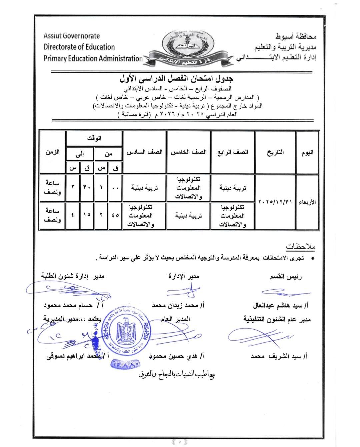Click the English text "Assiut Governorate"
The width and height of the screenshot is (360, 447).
point(72,36)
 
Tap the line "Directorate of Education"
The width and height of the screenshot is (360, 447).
point(79,47)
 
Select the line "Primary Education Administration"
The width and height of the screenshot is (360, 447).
point(93,59)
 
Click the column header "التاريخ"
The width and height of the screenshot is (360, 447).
point(275,152)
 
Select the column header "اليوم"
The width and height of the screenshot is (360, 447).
point(307,152)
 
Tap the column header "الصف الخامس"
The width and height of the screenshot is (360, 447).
point(189,152)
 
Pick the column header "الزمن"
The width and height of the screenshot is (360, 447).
point(52,152)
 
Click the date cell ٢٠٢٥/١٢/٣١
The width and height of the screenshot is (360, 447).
point(275,202)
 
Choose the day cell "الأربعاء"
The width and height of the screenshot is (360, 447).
point(307,202)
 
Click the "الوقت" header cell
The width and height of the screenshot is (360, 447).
point(94,138)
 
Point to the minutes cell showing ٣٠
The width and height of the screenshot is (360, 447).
point(87,188)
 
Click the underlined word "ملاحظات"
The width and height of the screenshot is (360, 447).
point(300,247)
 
